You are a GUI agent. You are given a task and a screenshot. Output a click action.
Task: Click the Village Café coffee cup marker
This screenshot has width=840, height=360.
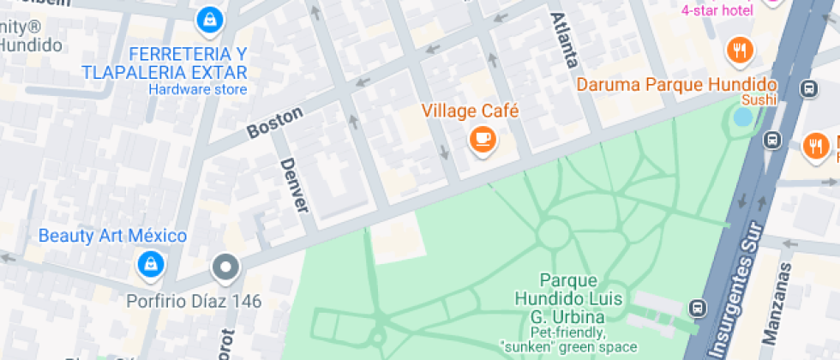coord(483,139)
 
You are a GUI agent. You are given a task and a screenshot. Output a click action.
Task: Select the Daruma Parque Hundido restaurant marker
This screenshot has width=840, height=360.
coord(739,51)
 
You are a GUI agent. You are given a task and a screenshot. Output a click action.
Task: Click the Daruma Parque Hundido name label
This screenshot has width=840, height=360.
coord(675,85)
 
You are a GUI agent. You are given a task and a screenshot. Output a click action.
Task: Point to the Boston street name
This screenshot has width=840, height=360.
coord(275,123)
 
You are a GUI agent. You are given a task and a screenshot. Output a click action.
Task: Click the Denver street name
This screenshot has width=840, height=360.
coord(293,185)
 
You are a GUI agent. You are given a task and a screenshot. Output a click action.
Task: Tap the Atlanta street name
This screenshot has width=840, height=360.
coord(566,40)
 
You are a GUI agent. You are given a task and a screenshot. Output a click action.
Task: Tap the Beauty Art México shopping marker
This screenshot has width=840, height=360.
coord(151,263)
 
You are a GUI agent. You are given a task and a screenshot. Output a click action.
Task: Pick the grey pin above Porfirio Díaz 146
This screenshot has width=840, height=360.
coord(225,267)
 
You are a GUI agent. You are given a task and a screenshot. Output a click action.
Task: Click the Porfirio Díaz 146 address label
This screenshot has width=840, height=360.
coord(194,301)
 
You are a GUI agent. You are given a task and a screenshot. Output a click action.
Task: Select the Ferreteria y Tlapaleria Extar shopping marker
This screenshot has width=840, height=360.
coord(208,17)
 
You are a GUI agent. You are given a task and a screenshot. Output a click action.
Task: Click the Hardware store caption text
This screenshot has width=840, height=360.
coord(198,90)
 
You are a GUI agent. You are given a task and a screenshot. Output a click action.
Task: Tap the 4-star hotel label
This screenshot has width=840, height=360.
coord(717,10)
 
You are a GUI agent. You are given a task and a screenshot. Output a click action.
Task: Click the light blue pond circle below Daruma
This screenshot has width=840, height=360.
coord(741,117)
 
